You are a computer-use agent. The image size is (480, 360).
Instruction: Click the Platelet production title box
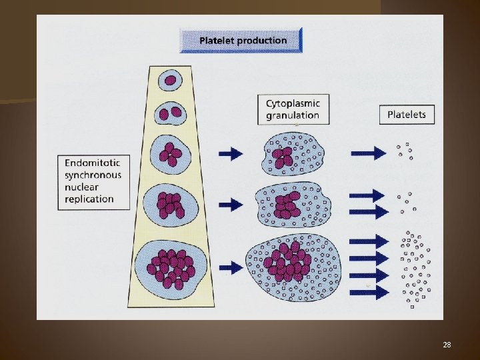point(241,40)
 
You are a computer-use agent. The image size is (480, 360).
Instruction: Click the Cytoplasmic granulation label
point(293,109)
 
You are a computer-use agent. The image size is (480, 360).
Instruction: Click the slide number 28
point(447,345)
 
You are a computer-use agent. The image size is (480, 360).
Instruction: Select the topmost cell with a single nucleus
point(171,81)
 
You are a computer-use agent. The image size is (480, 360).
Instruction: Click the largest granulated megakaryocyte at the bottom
point(293,265)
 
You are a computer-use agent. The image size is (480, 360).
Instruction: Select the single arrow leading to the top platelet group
point(370,153)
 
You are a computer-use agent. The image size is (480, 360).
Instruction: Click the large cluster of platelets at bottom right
point(413,269)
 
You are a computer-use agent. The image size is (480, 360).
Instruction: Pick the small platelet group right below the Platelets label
point(405,151)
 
